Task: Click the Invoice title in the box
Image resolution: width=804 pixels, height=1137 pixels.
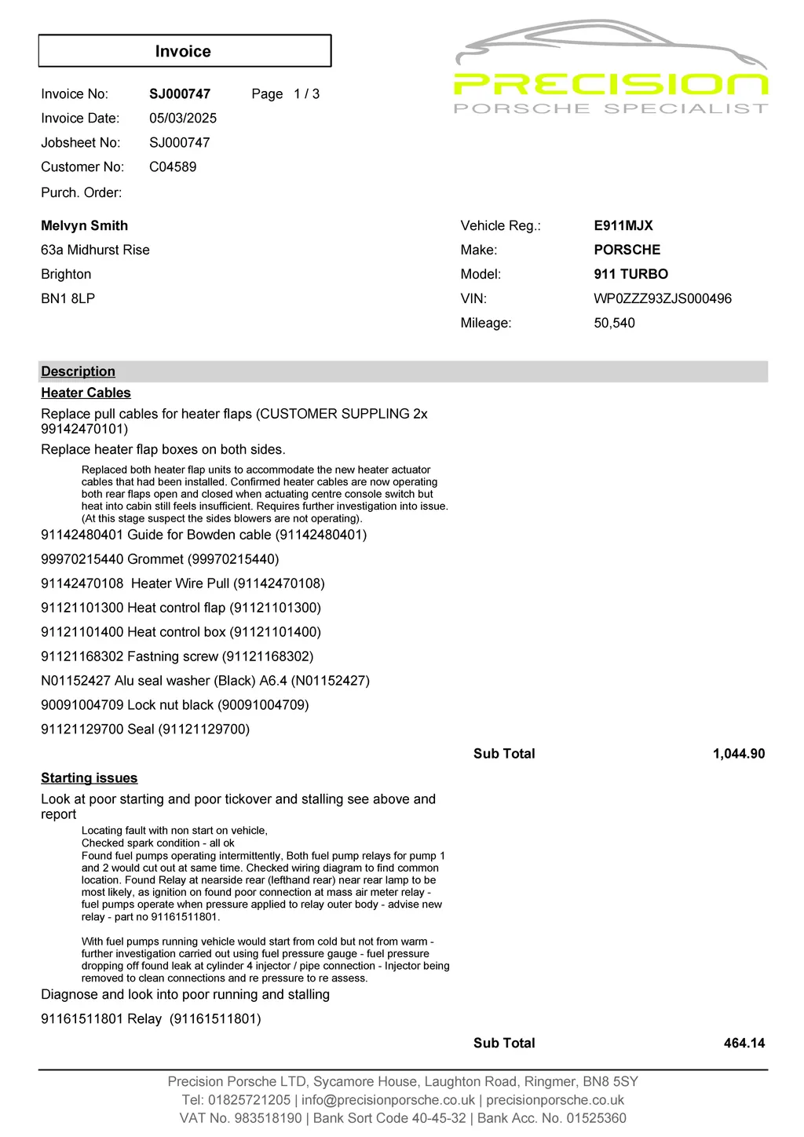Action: (183, 51)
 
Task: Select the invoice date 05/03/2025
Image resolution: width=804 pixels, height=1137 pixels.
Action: (183, 118)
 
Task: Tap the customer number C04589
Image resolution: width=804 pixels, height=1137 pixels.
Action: (173, 166)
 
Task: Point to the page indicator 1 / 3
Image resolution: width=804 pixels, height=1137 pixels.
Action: (306, 93)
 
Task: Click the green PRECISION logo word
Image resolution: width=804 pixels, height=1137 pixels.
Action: (610, 84)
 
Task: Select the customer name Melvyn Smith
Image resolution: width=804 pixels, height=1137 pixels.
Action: (84, 225)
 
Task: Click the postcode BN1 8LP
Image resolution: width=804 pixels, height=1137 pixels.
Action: (68, 298)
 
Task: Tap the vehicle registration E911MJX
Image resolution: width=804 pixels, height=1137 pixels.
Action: (623, 225)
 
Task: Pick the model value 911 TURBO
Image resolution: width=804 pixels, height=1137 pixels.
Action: (630, 274)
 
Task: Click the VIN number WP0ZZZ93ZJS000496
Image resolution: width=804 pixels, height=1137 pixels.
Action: (663, 298)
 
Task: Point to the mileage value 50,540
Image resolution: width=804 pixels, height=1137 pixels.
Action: (614, 323)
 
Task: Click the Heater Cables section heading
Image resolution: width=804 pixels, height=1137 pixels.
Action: (86, 393)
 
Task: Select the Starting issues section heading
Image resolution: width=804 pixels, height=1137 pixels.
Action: (89, 777)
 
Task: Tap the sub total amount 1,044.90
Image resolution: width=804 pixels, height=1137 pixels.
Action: (738, 754)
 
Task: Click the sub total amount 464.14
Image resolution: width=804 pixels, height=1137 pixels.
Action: (744, 1043)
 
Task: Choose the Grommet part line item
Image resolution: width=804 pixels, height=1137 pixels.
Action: (159, 559)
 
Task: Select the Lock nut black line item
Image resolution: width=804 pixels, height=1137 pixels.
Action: (174, 705)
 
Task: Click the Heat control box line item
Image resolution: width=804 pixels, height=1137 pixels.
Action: (181, 632)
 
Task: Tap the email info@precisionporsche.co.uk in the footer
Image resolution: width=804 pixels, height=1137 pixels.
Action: (388, 1100)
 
